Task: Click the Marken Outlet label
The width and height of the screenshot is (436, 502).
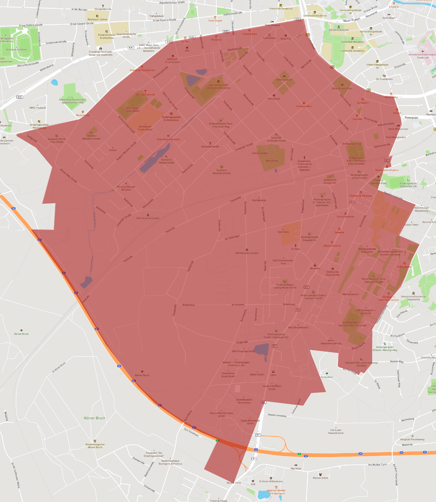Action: [x=320, y=478]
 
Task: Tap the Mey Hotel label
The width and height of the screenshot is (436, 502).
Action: [x=296, y=469]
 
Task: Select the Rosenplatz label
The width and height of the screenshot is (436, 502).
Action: [x=411, y=118]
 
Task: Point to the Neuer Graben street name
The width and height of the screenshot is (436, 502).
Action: [x=352, y=20]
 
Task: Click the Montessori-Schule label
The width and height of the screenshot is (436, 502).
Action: [x=97, y=20]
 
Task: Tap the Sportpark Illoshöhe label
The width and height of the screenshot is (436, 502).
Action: [x=16, y=50]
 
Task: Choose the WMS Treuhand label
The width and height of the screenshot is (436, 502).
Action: [x=38, y=108]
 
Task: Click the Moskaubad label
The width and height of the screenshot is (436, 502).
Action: [x=272, y=161]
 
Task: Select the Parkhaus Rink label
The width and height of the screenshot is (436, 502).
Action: [x=304, y=106]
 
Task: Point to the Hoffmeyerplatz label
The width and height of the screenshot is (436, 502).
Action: [x=284, y=80]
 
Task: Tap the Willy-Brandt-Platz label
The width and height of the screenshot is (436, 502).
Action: [x=342, y=88]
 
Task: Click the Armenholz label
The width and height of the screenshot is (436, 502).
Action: [x=327, y=377]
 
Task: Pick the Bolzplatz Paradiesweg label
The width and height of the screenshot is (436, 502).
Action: [x=412, y=439]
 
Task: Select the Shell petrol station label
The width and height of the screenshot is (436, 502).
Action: [x=273, y=375]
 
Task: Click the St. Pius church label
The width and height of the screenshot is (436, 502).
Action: [x=295, y=249]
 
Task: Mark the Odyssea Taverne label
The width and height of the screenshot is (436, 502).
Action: [x=332, y=246]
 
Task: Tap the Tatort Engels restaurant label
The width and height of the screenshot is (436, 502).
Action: [x=215, y=20]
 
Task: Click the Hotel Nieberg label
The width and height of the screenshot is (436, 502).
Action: [x=272, y=25]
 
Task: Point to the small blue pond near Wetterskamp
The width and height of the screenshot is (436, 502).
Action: [x=54, y=82]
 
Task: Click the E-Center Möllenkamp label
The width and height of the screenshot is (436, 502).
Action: [x=271, y=481]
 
